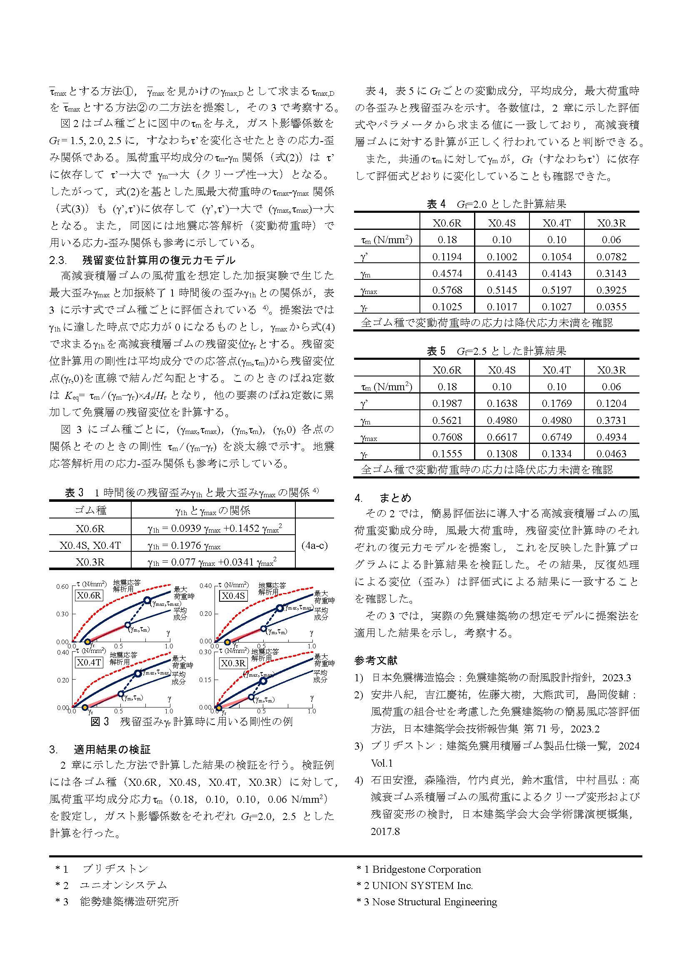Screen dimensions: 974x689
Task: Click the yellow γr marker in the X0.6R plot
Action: point(87,642)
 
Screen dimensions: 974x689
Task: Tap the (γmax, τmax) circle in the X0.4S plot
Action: point(280,608)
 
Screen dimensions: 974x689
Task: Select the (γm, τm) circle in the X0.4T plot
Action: point(121,694)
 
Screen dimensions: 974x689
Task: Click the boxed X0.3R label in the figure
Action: point(233,663)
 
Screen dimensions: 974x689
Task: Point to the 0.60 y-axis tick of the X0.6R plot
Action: point(62,586)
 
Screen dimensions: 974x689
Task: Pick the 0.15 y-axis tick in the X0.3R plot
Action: point(205,680)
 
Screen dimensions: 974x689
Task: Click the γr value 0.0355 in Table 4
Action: point(611,306)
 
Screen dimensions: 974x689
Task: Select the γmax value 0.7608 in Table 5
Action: point(447,437)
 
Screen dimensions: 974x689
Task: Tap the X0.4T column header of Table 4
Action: point(556,223)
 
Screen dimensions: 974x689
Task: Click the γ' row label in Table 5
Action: point(364,404)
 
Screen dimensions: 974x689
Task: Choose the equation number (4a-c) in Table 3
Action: point(315,545)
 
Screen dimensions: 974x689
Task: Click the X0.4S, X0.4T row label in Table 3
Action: point(90,545)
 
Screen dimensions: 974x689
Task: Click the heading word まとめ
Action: point(395,498)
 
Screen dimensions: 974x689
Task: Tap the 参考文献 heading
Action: point(376,660)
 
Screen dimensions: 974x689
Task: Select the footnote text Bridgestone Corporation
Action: point(427,869)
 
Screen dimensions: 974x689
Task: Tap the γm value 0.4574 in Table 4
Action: point(447,273)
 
